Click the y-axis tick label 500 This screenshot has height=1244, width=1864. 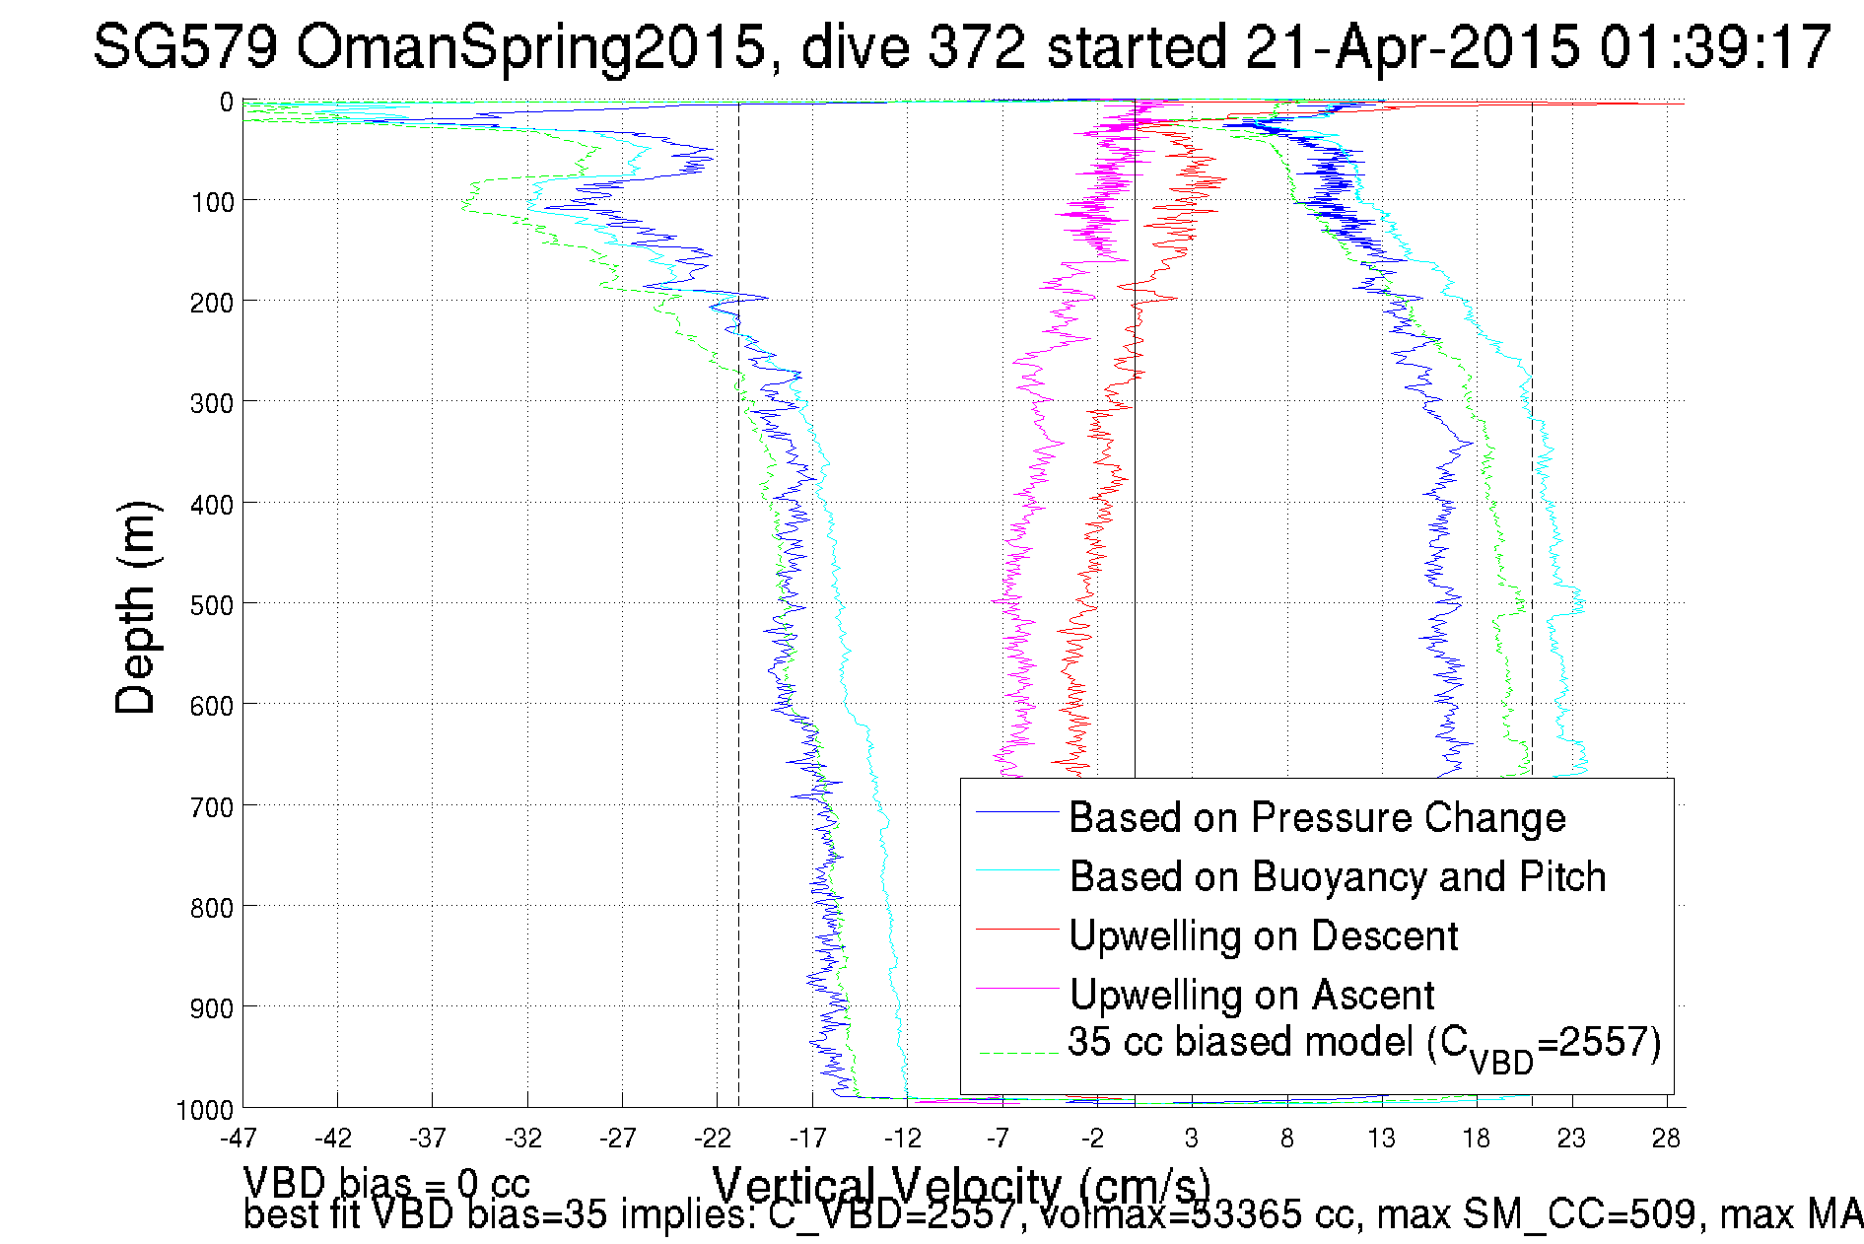pyautogui.click(x=211, y=605)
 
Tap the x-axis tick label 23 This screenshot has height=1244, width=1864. pyautogui.click(x=1571, y=1139)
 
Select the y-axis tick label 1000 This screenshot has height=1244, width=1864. pyautogui.click(x=205, y=1110)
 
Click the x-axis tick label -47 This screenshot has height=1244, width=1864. pyautogui.click(x=239, y=1139)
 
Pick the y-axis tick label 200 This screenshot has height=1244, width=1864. pyautogui.click(x=211, y=303)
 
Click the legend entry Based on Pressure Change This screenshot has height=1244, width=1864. pyautogui.click(x=1317, y=818)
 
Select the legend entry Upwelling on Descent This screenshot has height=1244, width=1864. pyautogui.click(x=1263, y=936)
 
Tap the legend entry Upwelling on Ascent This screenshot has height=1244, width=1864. pyautogui.click(x=1252, y=996)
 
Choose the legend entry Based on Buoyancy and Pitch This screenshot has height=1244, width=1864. pyautogui.click(x=1338, y=877)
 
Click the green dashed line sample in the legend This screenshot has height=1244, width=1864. pyautogui.click(x=1017, y=1053)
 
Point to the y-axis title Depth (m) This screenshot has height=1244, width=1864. pyautogui.click(x=136, y=607)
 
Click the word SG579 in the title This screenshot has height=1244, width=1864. pyautogui.click(x=185, y=46)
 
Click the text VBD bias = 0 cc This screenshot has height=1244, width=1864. pyautogui.click(x=386, y=1183)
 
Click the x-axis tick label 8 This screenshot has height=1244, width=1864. pyautogui.click(x=1286, y=1139)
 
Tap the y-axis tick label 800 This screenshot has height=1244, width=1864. pyautogui.click(x=211, y=908)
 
